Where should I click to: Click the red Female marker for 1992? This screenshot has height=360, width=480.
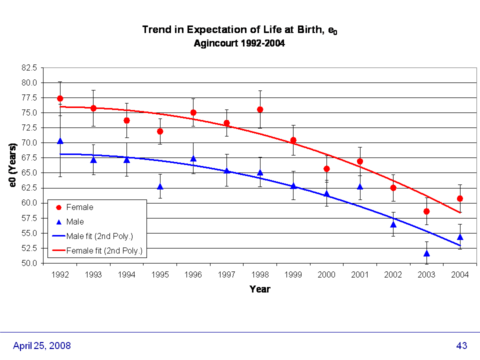(x=60, y=98)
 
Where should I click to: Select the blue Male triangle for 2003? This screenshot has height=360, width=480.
(x=426, y=253)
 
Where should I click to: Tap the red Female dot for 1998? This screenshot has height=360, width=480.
(x=260, y=109)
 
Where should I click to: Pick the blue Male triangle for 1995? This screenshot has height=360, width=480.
(x=160, y=186)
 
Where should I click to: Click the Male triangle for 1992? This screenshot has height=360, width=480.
(x=60, y=141)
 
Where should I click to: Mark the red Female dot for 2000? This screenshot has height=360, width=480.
(x=326, y=168)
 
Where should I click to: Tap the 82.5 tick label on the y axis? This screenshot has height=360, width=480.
(x=29, y=67)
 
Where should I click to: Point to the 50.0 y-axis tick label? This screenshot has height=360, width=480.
(x=29, y=263)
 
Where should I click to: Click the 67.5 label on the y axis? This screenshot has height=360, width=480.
(x=29, y=158)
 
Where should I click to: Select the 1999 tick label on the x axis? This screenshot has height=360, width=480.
(x=293, y=274)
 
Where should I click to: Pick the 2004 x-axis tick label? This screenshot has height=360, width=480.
(x=460, y=274)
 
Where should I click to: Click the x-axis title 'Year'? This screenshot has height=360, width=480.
(x=260, y=289)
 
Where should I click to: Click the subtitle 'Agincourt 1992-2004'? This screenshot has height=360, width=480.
(x=239, y=43)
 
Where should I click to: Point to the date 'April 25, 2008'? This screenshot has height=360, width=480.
(x=41, y=345)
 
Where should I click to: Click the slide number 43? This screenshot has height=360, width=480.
(x=461, y=345)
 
